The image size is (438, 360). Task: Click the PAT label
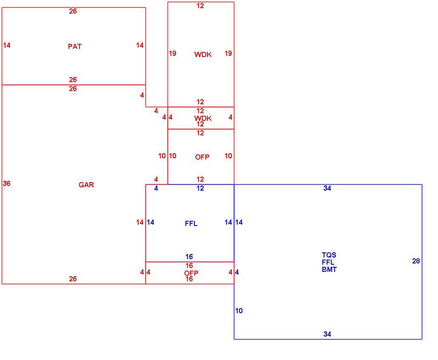[x=75, y=46]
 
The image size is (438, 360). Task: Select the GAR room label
[x=86, y=185]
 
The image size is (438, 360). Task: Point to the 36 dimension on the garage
[x=7, y=184]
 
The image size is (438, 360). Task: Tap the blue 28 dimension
[x=416, y=261]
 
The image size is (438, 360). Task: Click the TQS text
[x=329, y=255]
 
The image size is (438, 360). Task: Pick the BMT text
[x=329, y=269]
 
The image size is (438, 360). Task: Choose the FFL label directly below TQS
[x=328, y=262]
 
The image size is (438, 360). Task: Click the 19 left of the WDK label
[x=173, y=53]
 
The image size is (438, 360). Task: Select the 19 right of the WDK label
[x=228, y=53]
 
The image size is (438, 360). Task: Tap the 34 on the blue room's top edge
[x=327, y=189]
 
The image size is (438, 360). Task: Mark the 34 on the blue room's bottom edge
[x=327, y=334]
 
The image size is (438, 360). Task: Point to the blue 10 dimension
[x=239, y=311]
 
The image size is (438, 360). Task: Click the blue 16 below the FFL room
[x=189, y=257]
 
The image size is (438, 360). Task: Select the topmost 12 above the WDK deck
[x=200, y=6]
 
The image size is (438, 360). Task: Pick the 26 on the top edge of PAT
[x=73, y=11]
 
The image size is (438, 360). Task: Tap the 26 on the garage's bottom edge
[x=73, y=279]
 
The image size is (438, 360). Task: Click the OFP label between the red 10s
[x=202, y=157]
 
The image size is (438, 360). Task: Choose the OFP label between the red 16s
[x=191, y=273]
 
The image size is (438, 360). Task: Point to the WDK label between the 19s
[x=203, y=54]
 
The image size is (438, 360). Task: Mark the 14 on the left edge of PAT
[x=7, y=45]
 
